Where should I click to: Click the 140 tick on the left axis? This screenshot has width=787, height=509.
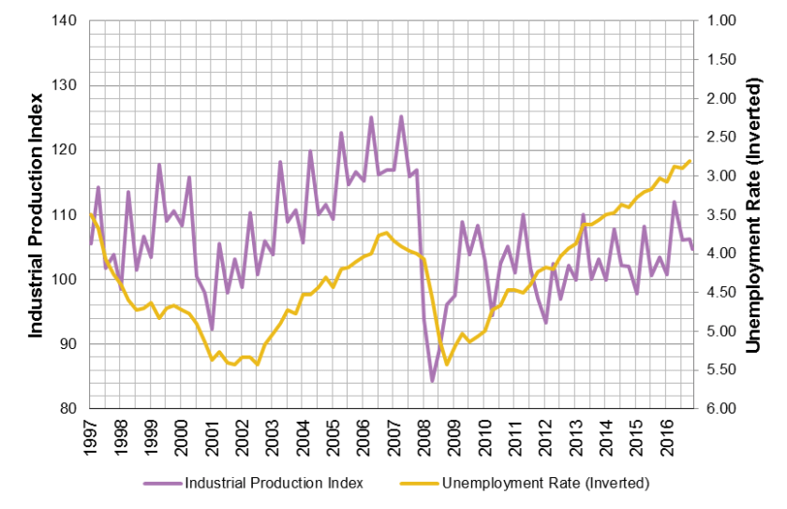(x=67, y=21)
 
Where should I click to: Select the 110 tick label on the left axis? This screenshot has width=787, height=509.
(x=67, y=215)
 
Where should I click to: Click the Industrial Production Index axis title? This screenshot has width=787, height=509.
(x=37, y=215)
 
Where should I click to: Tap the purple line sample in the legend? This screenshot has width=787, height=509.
(x=162, y=484)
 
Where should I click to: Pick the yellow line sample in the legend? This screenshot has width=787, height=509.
(x=419, y=484)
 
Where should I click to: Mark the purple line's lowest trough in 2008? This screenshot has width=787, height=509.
(x=432, y=381)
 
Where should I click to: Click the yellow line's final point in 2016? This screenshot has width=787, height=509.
(x=690, y=161)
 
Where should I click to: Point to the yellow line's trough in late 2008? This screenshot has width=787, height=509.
(x=448, y=364)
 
